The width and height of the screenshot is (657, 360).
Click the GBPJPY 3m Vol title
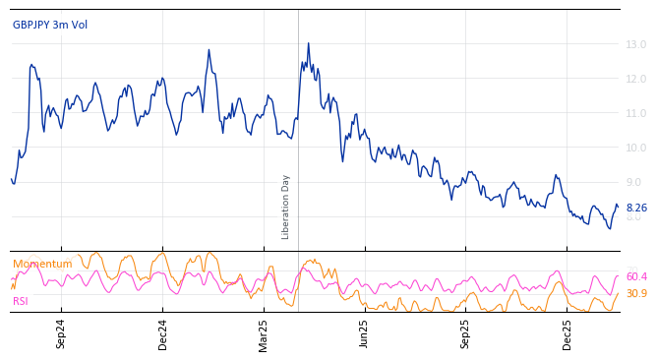point(50,25)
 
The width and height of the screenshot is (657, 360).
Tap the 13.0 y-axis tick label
point(635,44)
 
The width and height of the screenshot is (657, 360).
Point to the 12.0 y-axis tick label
point(635,79)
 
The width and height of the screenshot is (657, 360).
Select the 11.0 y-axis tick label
point(635,113)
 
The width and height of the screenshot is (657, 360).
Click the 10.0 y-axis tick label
point(635,148)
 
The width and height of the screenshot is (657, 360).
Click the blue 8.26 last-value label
point(636,208)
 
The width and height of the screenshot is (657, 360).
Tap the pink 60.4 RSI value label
point(636,276)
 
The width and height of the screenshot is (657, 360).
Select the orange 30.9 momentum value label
point(636,293)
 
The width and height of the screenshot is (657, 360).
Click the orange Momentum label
point(42,264)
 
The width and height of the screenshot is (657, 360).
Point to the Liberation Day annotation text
point(286,207)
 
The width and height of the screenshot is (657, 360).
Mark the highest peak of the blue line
point(308,43)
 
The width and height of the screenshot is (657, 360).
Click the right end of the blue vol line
point(618,206)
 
